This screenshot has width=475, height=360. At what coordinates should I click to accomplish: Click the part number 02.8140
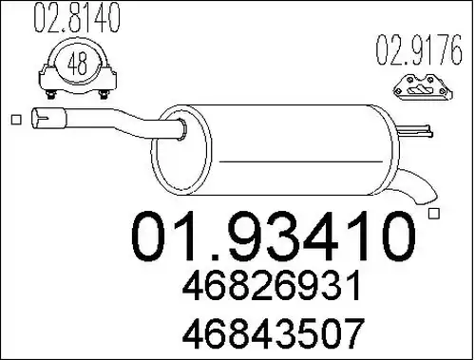[x=77, y=17]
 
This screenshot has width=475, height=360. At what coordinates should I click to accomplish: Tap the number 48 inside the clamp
[x=77, y=63]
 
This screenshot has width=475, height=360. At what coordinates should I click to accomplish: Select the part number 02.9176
[x=419, y=49]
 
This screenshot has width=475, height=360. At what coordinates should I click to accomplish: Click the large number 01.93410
[x=274, y=236]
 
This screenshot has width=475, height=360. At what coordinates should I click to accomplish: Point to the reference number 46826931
[x=272, y=286]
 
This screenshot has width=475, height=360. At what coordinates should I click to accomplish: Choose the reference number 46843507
[x=273, y=333]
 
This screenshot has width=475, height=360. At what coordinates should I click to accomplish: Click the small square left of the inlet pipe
[x=16, y=120]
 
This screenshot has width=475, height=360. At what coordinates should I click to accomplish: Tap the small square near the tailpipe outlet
[x=434, y=214]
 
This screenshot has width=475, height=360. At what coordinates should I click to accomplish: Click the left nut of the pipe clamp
[x=50, y=94]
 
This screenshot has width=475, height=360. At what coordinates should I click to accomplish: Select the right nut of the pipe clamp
[x=103, y=94]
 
